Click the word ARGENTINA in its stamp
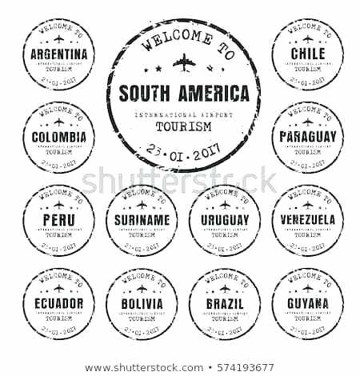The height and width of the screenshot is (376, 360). coord(58,54)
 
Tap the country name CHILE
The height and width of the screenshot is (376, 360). coord(307,54)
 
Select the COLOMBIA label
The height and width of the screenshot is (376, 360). coord(58,137)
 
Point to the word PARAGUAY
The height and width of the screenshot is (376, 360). coord(307,137)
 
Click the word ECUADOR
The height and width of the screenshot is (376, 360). coord(58,303)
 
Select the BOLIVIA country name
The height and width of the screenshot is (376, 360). coord(142,303)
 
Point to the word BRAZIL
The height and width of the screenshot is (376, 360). coord(225,303)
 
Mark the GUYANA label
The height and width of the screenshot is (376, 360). coord(307,303)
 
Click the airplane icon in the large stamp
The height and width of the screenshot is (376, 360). coord(183,61)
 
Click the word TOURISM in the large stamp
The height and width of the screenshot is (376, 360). coord(183,126)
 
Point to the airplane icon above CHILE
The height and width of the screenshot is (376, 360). coord(307,38)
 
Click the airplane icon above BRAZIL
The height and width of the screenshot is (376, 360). coord(225,288)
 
